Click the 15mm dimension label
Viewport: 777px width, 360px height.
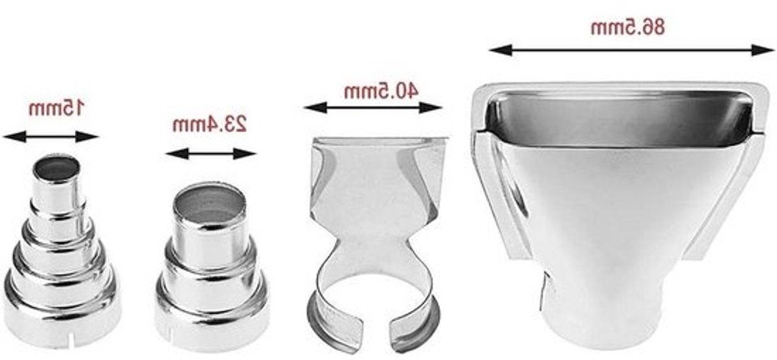point(56,107)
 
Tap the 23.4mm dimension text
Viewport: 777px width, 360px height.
point(210,124)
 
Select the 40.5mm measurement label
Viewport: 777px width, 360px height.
point(381,91)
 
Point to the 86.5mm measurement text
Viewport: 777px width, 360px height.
point(627,27)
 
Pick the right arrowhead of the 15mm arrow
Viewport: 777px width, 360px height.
point(88,137)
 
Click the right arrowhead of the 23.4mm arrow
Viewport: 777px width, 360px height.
point(245,153)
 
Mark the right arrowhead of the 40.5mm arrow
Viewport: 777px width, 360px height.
point(431,107)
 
